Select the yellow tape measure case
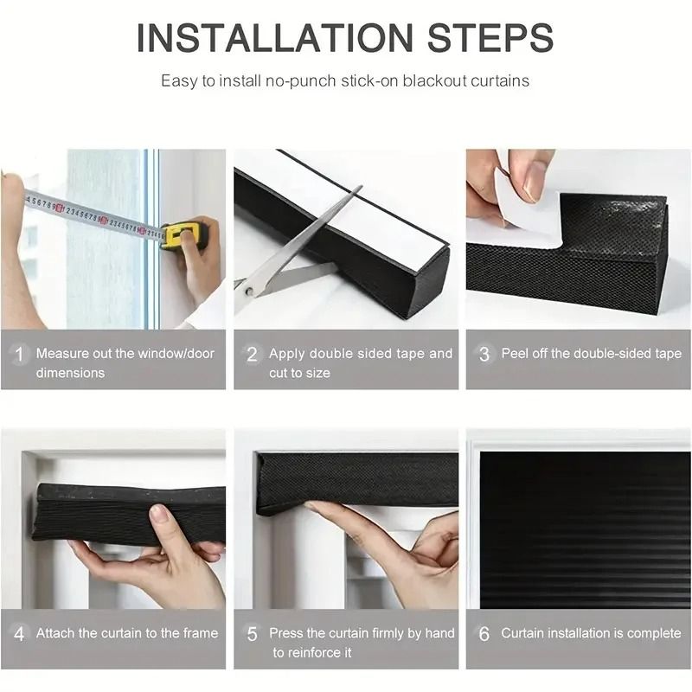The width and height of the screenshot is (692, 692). click(x=183, y=235)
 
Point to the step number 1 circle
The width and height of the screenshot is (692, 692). click(x=18, y=354)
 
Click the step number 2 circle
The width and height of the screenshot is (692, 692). click(x=252, y=354)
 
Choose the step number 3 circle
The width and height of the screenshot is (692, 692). click(x=484, y=354)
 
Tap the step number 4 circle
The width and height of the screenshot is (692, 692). click(x=18, y=634)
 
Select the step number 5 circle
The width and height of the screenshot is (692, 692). click(x=252, y=634)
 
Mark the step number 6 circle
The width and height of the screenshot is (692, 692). click(x=484, y=634)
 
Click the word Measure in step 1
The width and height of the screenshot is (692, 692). click(x=61, y=353)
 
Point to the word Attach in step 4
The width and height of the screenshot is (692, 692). click(x=55, y=633)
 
